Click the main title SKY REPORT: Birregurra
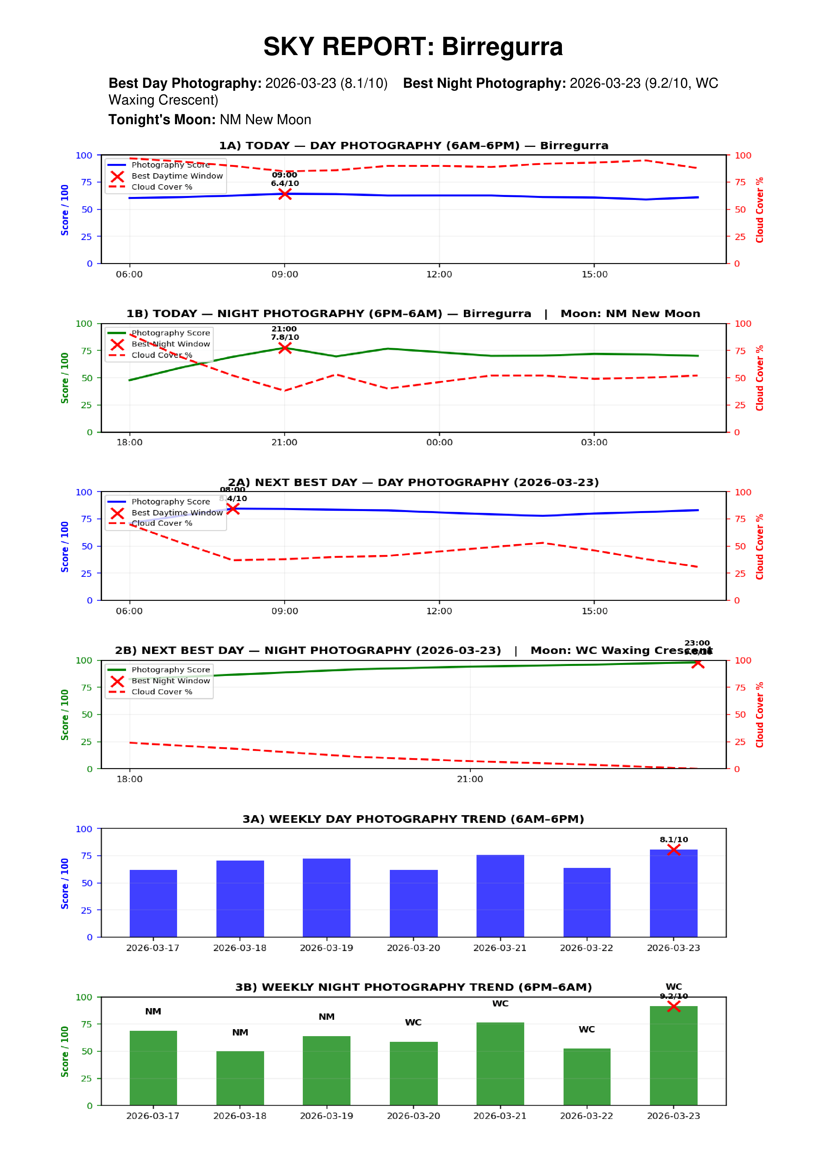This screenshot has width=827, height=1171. [x=413, y=47]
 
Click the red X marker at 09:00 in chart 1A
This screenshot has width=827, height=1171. [x=285, y=194]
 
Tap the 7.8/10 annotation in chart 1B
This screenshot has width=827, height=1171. [x=285, y=337]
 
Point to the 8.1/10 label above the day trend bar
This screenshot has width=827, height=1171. [x=674, y=840]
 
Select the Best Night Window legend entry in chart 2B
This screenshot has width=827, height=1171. [x=170, y=681]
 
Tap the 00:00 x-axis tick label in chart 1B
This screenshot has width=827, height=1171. [x=439, y=443]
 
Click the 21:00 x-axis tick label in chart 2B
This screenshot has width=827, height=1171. [x=470, y=779]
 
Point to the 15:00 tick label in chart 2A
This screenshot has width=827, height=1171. [x=594, y=611]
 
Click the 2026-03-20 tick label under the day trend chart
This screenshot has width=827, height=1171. [x=413, y=948]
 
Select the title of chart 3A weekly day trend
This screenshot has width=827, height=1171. [x=413, y=819]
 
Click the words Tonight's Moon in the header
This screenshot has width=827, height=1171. [x=162, y=120]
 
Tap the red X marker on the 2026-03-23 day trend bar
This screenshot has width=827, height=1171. [x=674, y=850]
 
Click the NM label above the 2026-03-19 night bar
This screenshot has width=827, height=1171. [x=326, y=1017]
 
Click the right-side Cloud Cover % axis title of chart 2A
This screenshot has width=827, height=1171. [x=760, y=547]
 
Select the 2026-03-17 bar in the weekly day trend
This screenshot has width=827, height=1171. [x=153, y=903]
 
